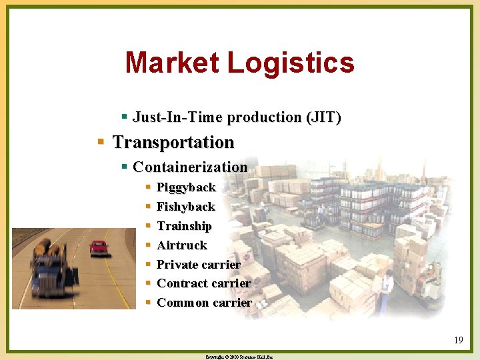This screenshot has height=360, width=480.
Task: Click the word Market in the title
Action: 173,63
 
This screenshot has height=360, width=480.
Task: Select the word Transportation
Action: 173,142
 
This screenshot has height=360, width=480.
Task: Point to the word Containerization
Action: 190,167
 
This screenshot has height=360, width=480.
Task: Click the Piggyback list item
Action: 186,187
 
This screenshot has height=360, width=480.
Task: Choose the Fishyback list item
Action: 185,207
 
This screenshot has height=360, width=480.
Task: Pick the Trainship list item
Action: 184,226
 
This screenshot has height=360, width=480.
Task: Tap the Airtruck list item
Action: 182,245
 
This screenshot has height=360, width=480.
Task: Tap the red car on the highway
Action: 99,248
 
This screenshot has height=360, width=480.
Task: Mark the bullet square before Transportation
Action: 101,142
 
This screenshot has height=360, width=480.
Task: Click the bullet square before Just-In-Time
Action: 124,117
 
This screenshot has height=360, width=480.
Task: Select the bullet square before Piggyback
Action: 148,187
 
